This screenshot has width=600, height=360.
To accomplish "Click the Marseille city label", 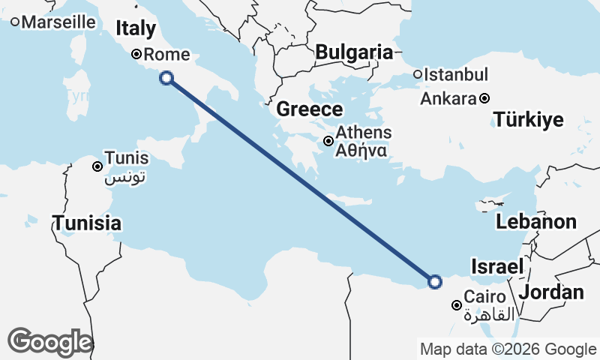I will click(x=59, y=22).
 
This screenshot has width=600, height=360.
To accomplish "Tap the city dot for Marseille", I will click(x=15, y=22).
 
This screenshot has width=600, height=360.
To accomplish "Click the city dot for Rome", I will click(x=136, y=54).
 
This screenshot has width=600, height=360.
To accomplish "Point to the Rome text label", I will click(x=166, y=54).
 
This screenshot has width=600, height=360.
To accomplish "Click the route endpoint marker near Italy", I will click(x=166, y=77).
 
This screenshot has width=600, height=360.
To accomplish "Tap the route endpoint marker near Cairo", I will click(x=435, y=282).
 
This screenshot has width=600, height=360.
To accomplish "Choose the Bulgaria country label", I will click(x=354, y=52).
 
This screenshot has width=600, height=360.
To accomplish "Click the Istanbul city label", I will click(x=456, y=75).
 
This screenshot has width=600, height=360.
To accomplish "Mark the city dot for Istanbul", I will click(x=418, y=74).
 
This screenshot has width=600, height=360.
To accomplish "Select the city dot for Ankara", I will click(x=485, y=98).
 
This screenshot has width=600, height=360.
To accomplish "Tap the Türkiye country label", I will click(x=528, y=120).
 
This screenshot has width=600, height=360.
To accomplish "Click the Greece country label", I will click(x=309, y=109).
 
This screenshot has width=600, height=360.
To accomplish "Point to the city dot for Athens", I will click(x=328, y=140).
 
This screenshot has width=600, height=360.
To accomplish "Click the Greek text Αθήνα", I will click(x=361, y=149).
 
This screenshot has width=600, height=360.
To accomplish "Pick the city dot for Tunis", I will click(x=97, y=166).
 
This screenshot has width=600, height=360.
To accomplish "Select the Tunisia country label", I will click(x=87, y=223).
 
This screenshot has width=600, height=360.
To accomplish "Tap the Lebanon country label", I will click(x=535, y=222).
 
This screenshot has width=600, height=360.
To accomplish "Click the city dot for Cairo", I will click(x=456, y=305).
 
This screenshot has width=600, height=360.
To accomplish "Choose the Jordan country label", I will click(x=551, y=292).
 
